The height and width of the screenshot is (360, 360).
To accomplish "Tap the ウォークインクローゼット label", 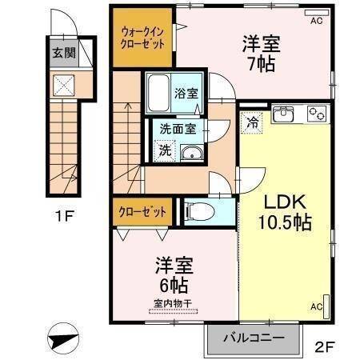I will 141,38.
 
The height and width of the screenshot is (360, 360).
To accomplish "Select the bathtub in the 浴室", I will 158,94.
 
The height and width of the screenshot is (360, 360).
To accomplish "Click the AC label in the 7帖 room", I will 316,21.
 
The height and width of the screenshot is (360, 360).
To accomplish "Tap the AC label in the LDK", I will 315,306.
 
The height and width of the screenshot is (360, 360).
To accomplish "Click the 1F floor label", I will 64,215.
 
